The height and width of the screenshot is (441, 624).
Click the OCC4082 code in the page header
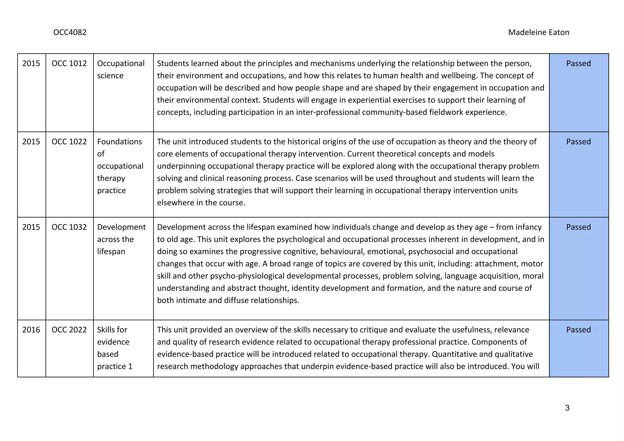70,32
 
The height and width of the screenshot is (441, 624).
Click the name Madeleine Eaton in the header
538,32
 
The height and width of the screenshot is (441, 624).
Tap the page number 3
567,408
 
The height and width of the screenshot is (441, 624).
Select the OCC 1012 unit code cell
69,63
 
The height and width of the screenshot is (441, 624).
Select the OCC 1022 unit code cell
69,142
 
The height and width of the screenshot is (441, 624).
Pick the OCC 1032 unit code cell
69,227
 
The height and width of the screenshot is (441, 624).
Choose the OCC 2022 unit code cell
69,330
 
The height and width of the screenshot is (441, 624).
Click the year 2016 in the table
31,330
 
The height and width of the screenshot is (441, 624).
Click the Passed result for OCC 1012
578,63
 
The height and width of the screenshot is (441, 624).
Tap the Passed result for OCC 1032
578,227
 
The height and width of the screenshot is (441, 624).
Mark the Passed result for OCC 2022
578,330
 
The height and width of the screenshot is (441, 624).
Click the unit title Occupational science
121,69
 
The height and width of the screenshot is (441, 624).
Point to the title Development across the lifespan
121,239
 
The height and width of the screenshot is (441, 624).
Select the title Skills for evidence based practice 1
115,348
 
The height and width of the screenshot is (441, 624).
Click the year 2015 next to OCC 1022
31,142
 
